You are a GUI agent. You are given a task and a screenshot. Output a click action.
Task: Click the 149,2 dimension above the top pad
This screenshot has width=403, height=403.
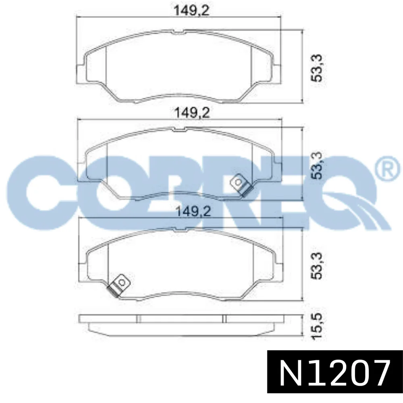(192, 11)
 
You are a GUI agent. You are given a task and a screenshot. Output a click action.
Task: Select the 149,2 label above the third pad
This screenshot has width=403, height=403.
(193, 212)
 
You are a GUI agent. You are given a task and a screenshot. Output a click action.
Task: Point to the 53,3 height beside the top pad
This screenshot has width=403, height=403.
(316, 68)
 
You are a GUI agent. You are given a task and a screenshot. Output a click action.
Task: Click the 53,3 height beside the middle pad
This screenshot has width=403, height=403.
(316, 165)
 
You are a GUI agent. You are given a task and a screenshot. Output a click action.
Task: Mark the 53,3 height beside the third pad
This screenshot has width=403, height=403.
(316, 266)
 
